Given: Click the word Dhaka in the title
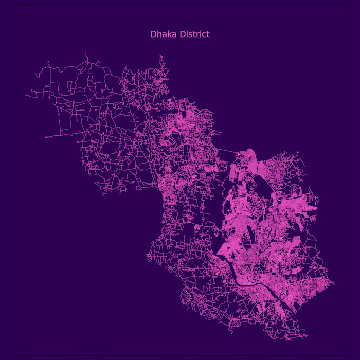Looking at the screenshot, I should click(160, 34).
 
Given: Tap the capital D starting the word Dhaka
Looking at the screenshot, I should click(153, 34).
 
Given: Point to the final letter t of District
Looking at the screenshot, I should click(208, 34).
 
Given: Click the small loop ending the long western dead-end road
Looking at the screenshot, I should click(47, 137).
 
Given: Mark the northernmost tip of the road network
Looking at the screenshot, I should click(86, 51).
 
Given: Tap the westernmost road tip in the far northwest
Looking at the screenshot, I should click(26, 95).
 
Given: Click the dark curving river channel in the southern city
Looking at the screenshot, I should click(242, 282).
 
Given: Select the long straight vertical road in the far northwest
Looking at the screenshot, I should click(51, 82).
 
